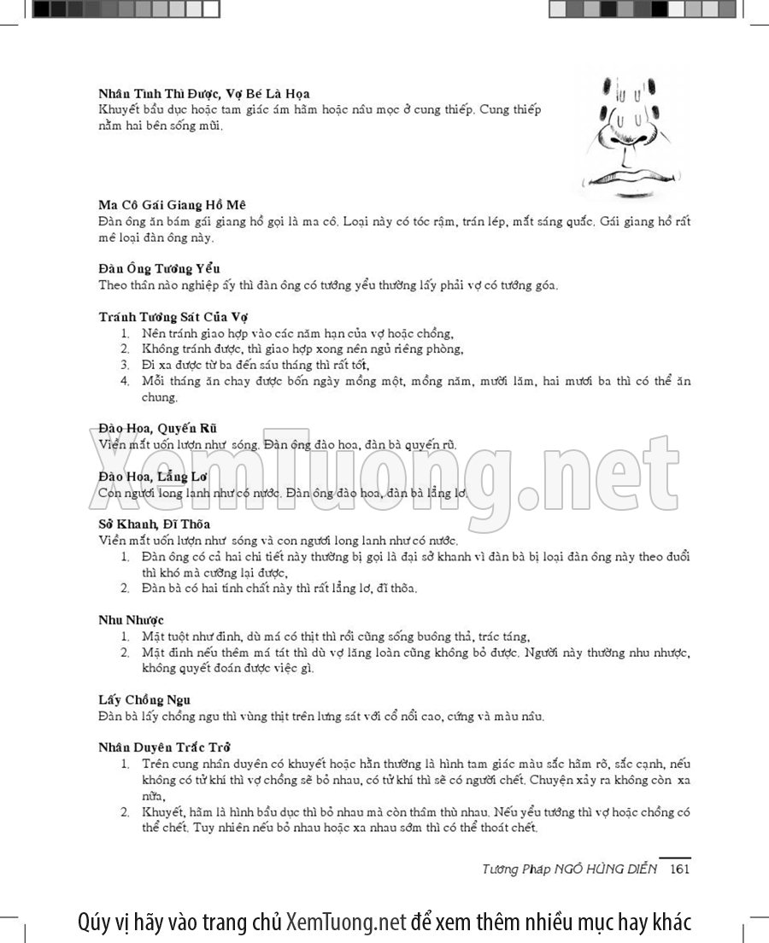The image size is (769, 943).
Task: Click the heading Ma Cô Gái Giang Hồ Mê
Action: tap(172, 205)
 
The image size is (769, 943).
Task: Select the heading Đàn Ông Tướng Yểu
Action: tap(160, 269)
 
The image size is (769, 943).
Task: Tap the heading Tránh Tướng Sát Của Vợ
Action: tap(173, 316)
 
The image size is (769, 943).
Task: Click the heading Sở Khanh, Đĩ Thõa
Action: tap(155, 524)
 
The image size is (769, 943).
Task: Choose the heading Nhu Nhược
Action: tap(131, 619)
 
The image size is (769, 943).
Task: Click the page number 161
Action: tap(679, 869)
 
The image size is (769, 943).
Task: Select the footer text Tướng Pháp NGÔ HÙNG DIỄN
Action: tap(569, 869)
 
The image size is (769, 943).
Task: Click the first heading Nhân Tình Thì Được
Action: tap(203, 93)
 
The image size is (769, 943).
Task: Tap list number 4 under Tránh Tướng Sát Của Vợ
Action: tap(125, 380)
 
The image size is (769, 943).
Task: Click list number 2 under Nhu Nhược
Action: tap(125, 653)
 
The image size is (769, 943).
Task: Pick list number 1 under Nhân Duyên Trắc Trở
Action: tap(125, 763)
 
